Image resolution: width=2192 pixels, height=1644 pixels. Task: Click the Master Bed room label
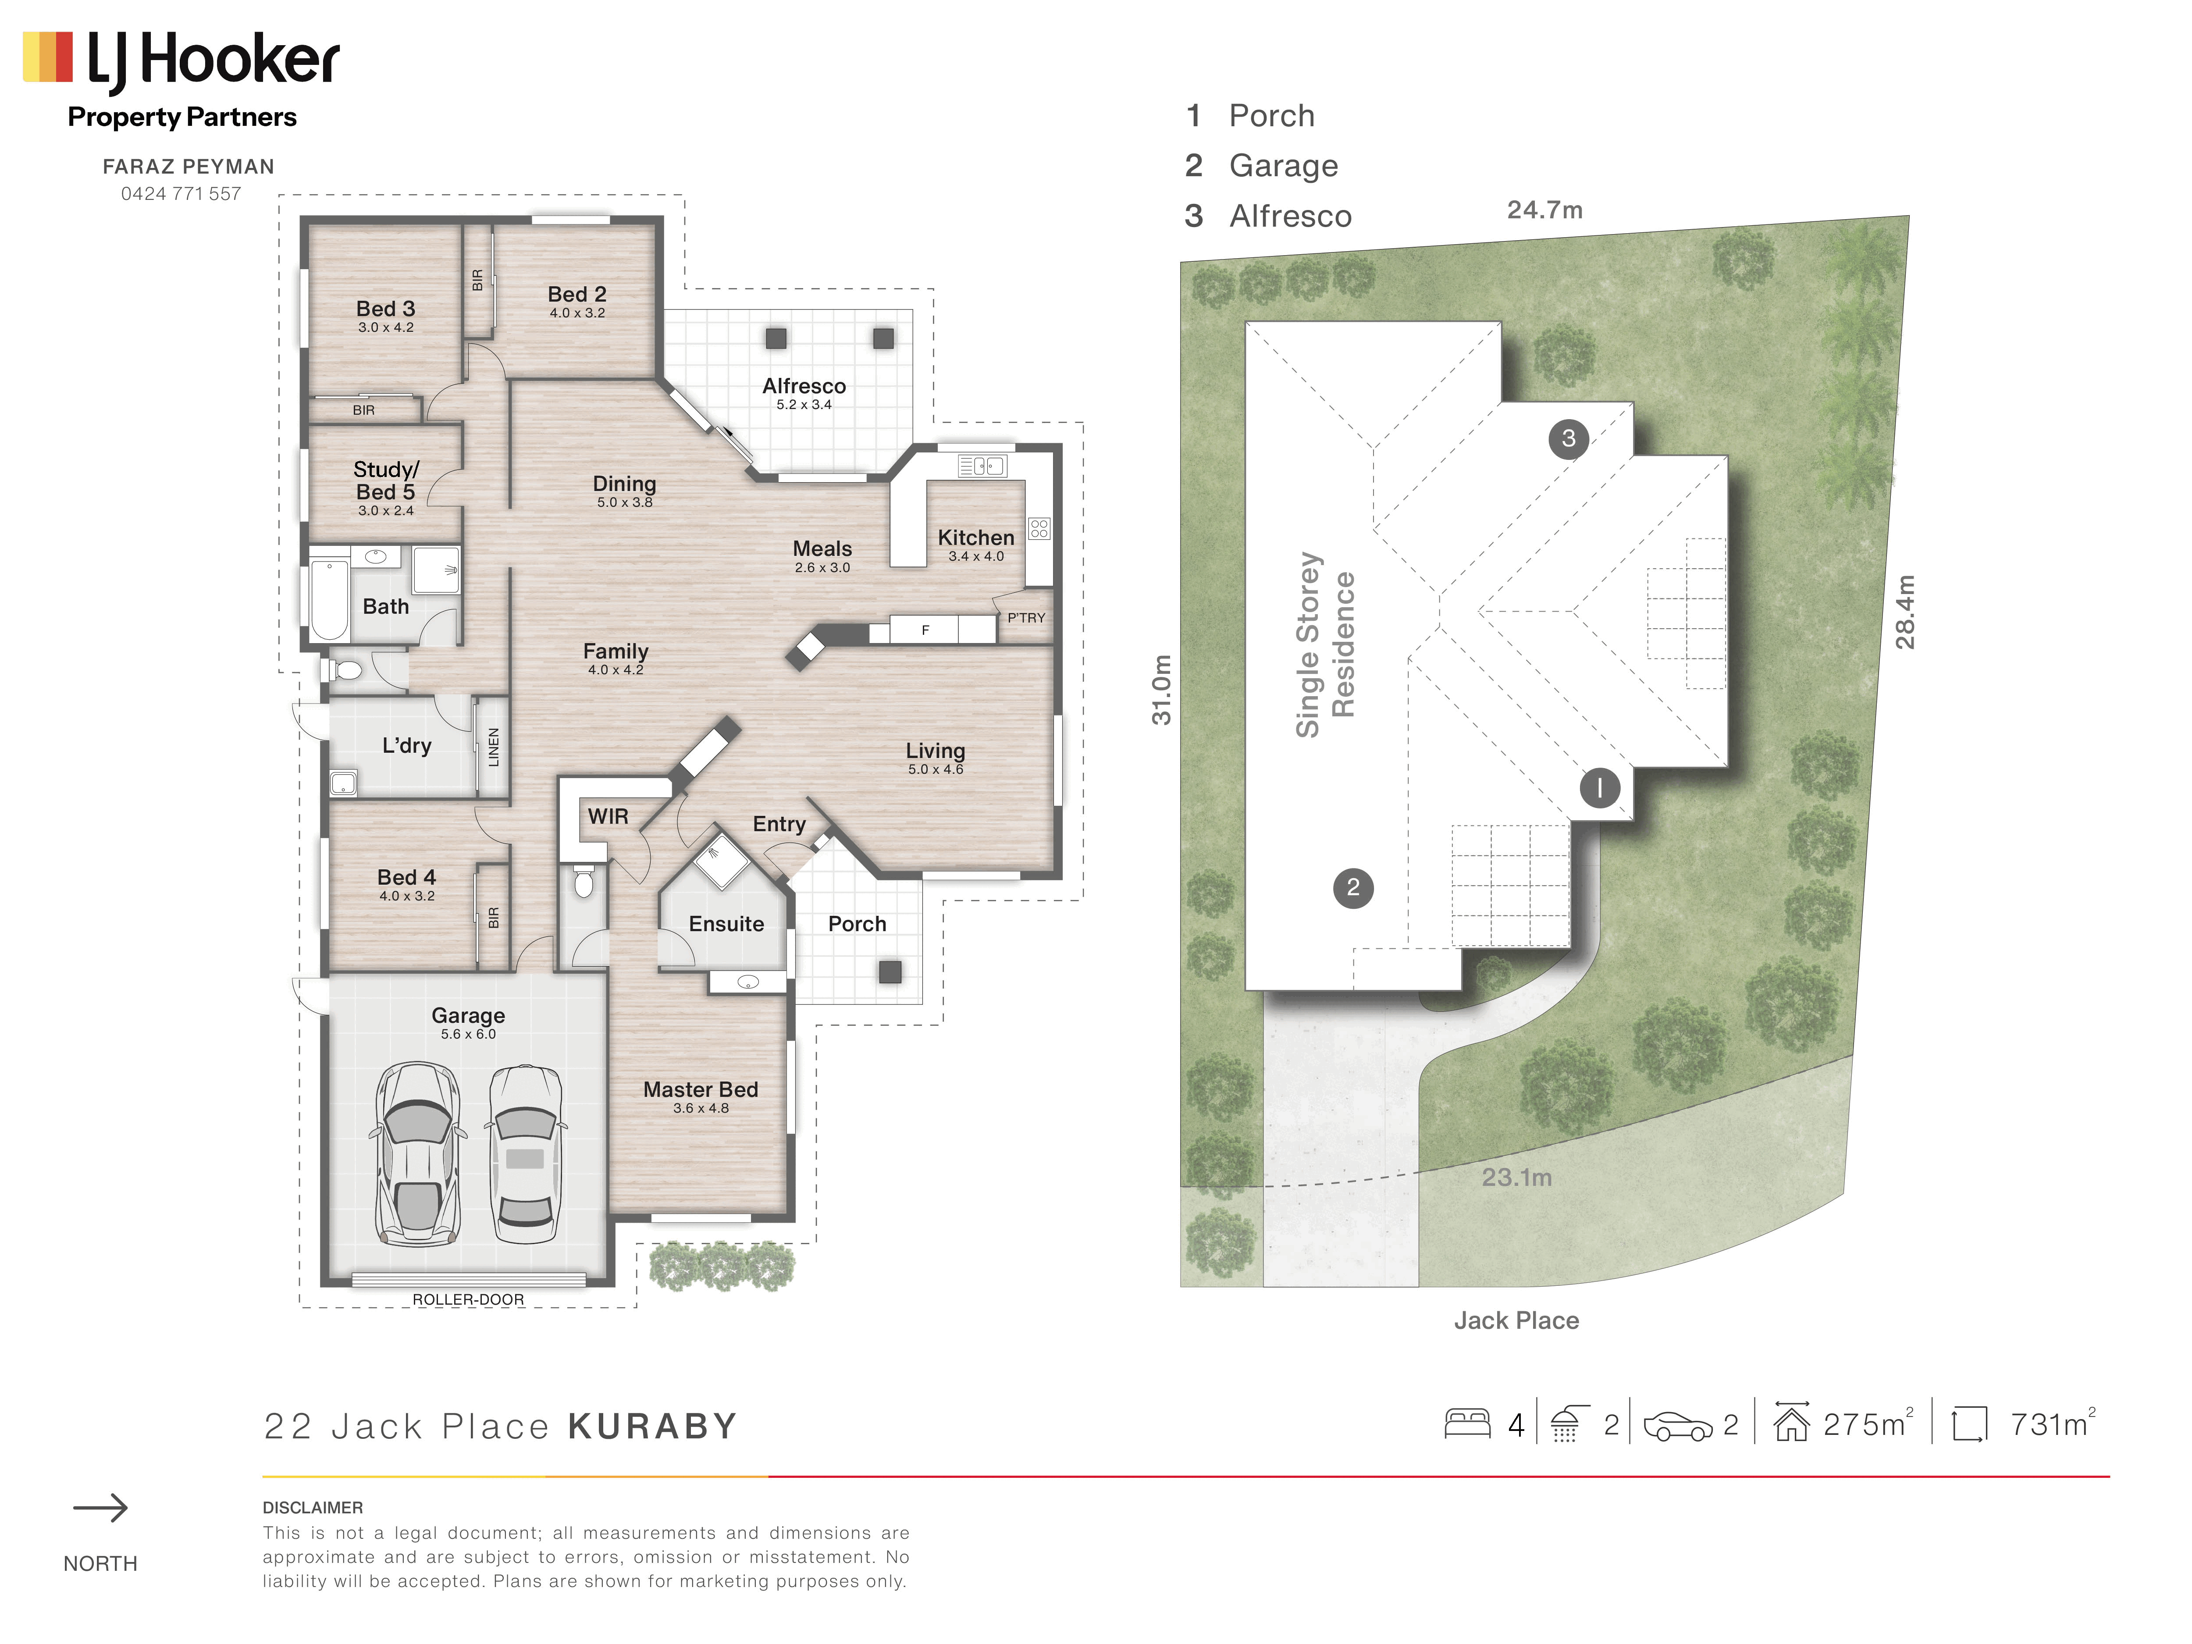point(701,1089)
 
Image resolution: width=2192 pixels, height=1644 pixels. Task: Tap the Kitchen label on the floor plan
point(976,537)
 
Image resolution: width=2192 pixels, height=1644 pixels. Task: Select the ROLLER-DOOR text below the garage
point(468,1299)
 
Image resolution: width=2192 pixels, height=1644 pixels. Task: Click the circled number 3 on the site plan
point(1568,438)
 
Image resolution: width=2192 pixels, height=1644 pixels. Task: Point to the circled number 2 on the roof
point(1352,887)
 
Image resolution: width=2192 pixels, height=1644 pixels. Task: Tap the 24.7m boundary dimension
point(1544,210)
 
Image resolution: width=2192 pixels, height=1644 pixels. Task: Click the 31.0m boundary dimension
point(1161,690)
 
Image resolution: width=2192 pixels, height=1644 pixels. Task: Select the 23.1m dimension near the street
point(1516,1177)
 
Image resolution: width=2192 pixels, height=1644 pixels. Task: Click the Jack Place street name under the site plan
point(1516,1320)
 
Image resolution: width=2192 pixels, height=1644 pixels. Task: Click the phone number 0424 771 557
point(181,194)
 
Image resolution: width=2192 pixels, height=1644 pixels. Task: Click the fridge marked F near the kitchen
point(925,629)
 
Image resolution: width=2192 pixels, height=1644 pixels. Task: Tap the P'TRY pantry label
point(1026,617)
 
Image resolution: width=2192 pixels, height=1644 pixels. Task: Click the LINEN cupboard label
point(494,746)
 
